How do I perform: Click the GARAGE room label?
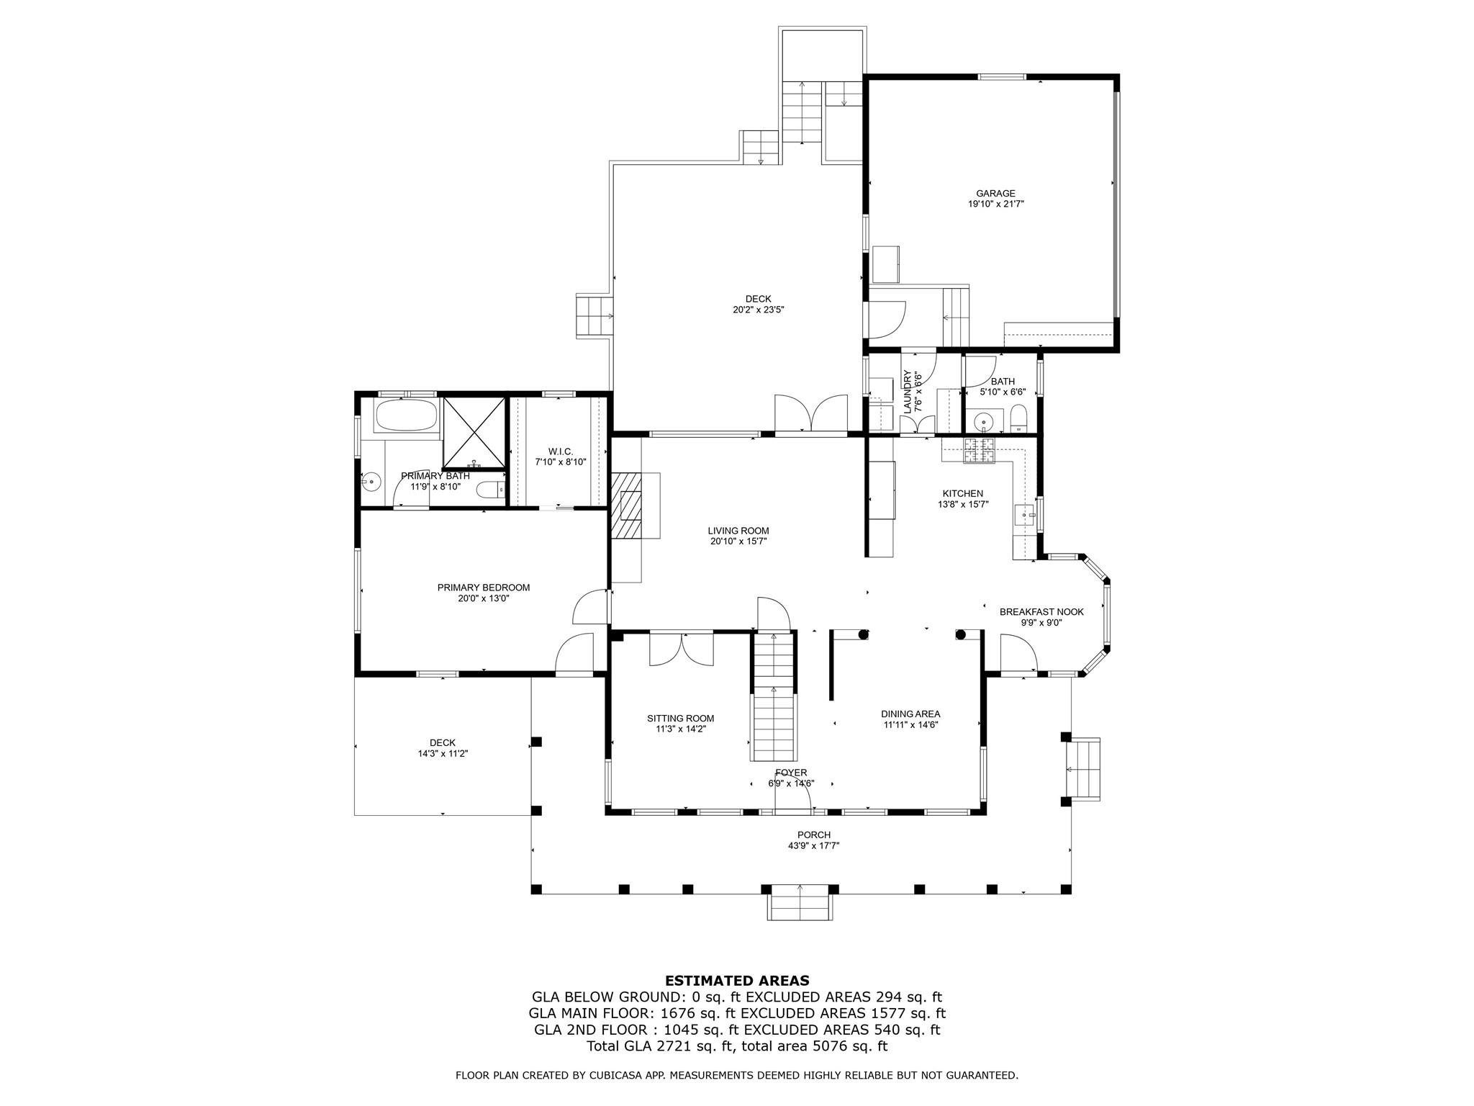[x=995, y=193]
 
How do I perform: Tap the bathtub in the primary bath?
[x=406, y=415]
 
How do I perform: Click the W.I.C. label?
[x=560, y=451]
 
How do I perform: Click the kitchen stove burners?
[x=978, y=449]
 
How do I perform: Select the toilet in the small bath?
[x=1019, y=418]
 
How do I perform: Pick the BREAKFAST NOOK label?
[x=1041, y=612]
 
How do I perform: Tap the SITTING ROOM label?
[x=680, y=718]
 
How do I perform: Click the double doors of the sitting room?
[x=682, y=649]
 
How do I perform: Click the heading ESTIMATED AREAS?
[x=737, y=981]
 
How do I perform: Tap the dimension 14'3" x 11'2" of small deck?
[x=442, y=754]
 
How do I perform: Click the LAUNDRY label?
[x=908, y=392]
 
